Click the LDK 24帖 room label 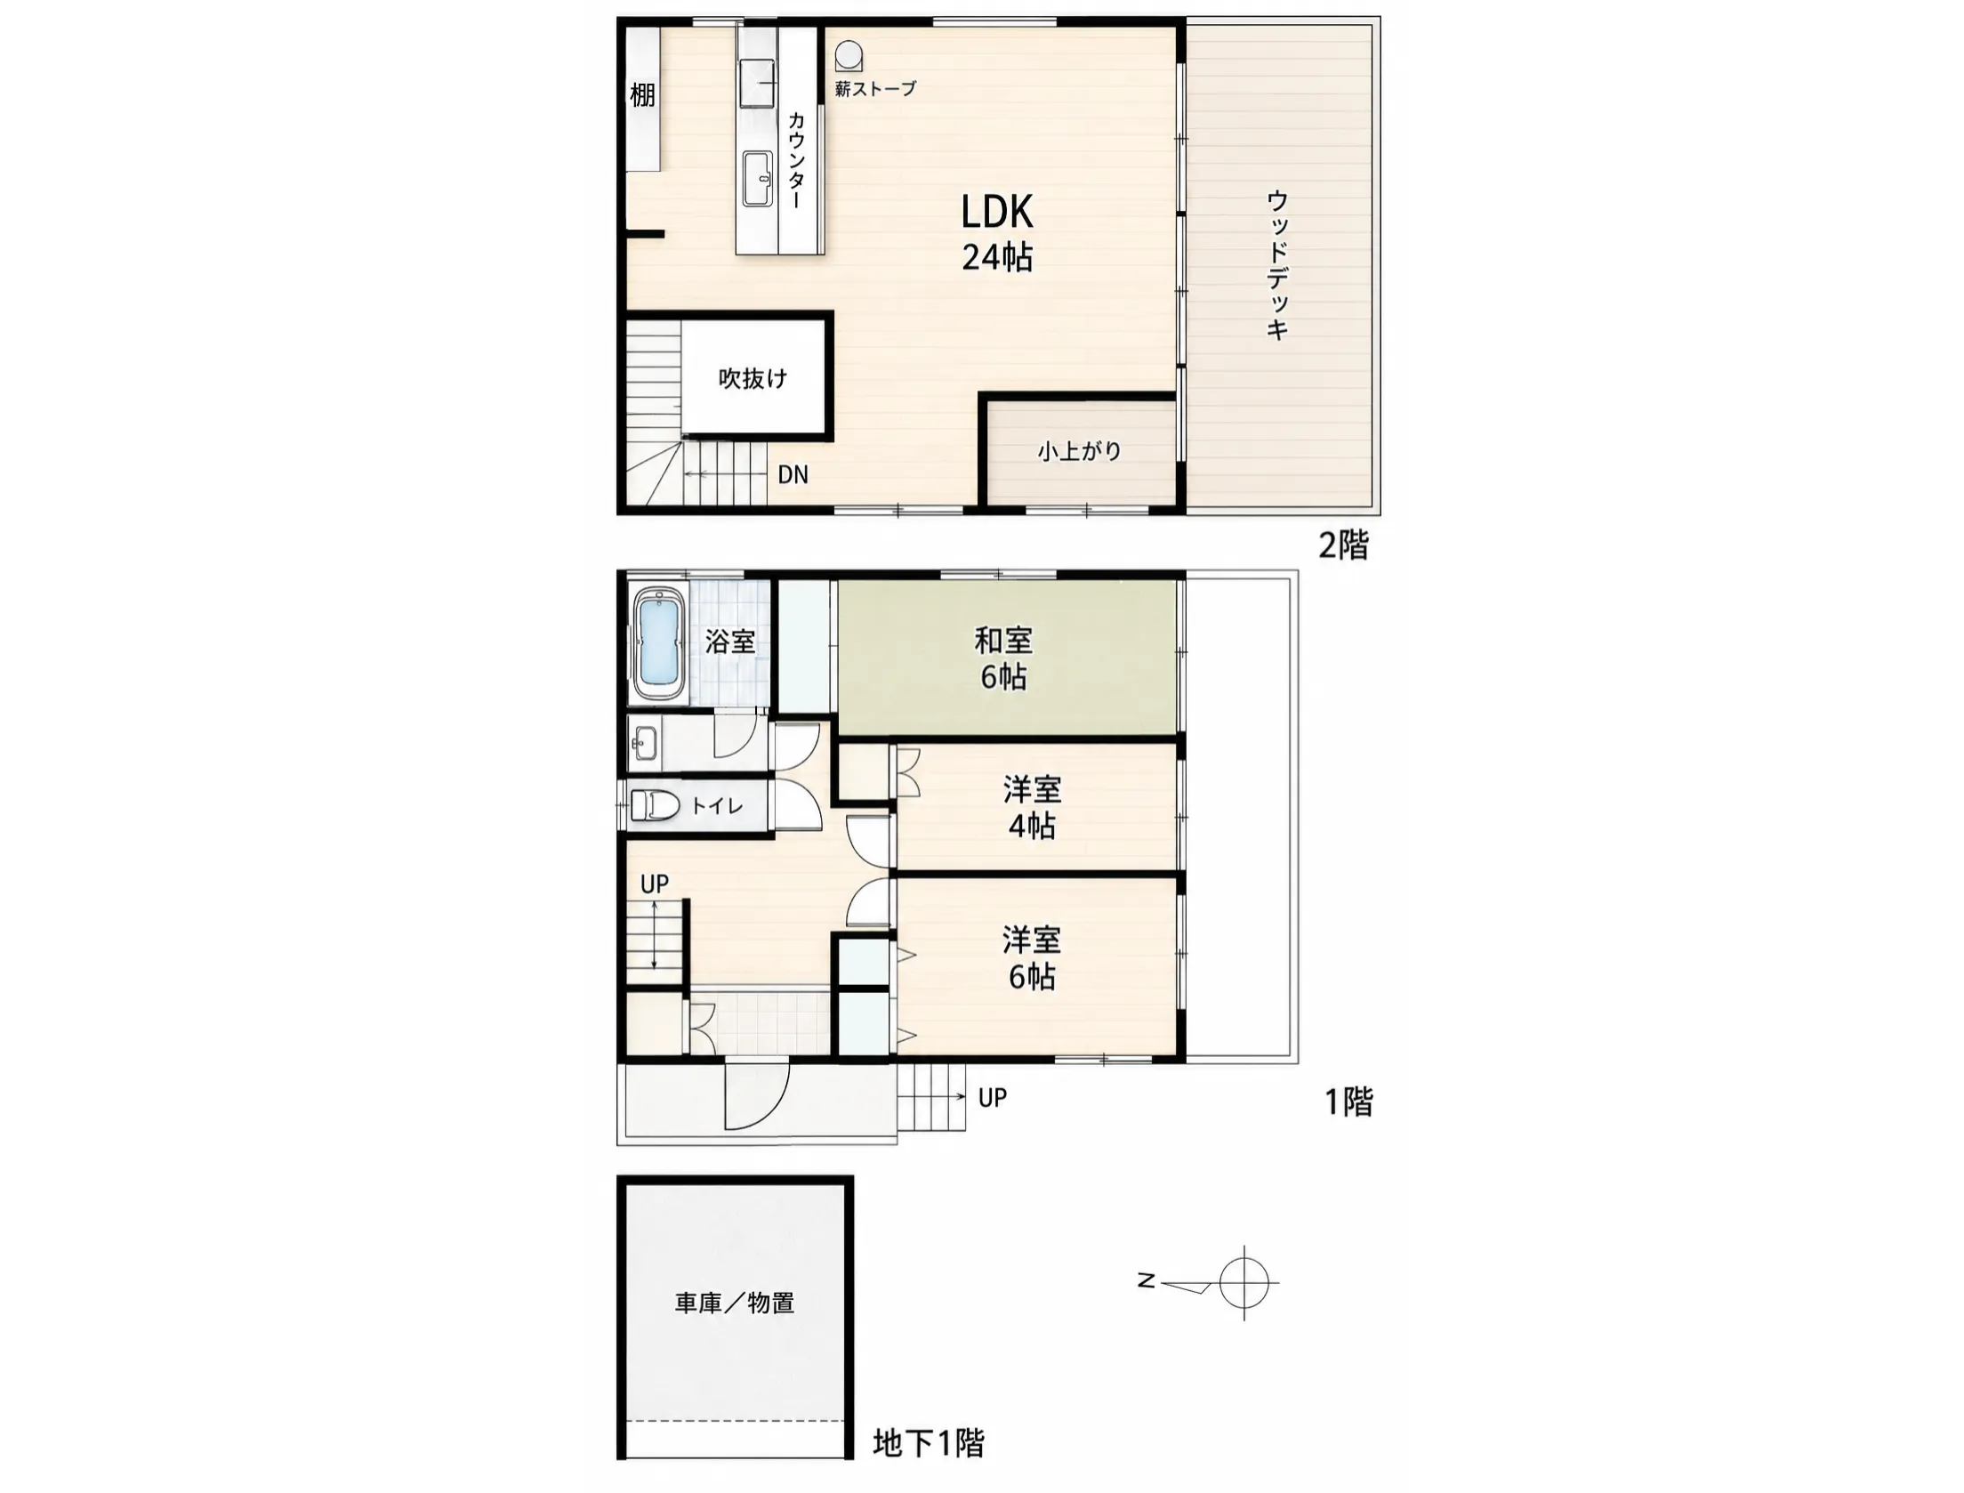pos(997,233)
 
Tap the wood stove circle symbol pos(849,56)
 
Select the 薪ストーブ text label pos(875,88)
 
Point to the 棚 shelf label pos(642,94)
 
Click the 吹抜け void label pos(753,378)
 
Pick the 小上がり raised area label pos(1079,451)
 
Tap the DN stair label pos(793,475)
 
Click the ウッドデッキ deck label pos(1276,264)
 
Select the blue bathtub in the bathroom pos(658,642)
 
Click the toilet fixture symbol pos(655,806)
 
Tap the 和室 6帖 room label pos(1002,658)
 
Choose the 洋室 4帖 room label pos(1032,807)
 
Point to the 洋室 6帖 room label pos(1032,958)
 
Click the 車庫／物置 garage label pos(734,1303)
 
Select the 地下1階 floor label pos(929,1443)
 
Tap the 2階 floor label pos(1343,545)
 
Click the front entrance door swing pos(757,1095)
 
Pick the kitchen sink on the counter pos(757,179)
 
